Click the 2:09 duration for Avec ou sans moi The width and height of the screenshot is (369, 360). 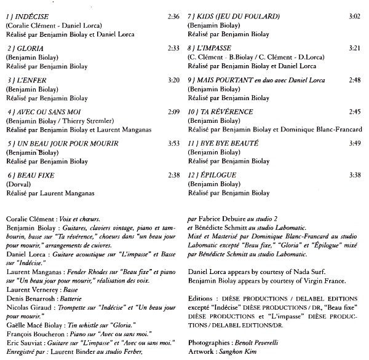tap(173, 112)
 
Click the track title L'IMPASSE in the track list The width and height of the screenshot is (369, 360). tap(215, 47)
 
